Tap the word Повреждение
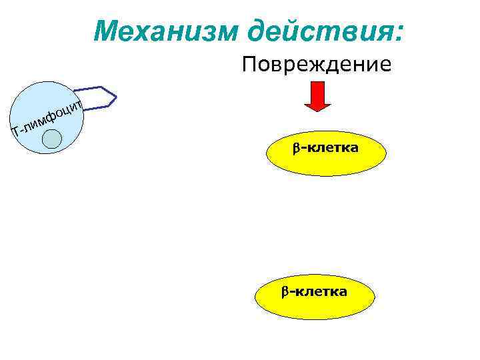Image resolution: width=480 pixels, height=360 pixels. click(317, 65)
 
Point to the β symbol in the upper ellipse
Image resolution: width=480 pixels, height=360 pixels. click(295, 147)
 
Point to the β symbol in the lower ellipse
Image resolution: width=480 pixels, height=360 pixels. click(283, 291)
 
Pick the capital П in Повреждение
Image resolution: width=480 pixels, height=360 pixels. click(249, 65)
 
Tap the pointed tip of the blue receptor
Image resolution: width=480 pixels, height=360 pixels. click(116, 99)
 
